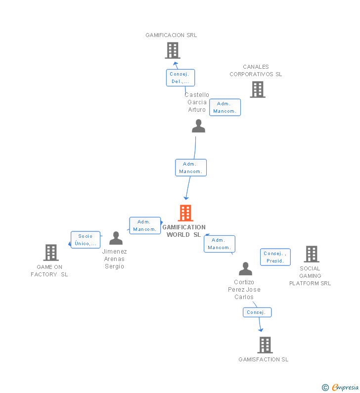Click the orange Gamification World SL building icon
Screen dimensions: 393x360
click(185, 213)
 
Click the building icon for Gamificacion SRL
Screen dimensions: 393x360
click(172, 50)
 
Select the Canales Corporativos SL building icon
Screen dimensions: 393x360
click(257, 89)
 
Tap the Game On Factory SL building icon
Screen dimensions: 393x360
click(51, 253)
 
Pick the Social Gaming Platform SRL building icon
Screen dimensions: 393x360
click(311, 254)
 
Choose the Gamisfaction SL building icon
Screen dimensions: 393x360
click(265, 345)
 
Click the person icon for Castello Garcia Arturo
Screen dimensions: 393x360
click(198, 126)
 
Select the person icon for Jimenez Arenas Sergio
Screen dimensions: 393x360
click(116, 238)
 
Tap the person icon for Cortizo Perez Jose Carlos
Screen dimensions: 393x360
click(245, 269)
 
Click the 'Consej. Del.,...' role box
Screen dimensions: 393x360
click(180, 78)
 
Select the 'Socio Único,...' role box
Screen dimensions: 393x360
click(86, 240)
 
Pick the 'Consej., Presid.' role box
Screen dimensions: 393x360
click(275, 257)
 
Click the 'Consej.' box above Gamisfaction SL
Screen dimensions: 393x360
click(257, 312)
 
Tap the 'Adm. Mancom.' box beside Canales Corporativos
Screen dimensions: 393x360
click(225, 107)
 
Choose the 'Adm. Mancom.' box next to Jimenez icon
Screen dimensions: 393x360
click(145, 225)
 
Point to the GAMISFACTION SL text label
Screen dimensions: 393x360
click(263, 359)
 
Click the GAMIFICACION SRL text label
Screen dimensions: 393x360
click(171, 35)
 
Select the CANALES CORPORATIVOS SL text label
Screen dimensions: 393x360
click(256, 71)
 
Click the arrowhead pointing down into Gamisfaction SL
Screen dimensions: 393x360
click(261, 330)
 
